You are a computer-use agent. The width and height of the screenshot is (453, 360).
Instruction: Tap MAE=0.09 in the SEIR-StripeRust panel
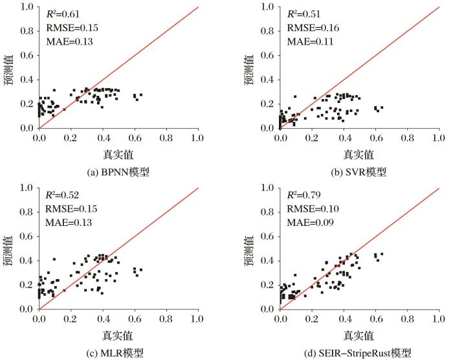point(307,223)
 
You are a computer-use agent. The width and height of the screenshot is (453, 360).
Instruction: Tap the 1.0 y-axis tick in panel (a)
point(27,7)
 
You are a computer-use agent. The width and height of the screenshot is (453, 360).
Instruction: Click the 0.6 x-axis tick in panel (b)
point(376,139)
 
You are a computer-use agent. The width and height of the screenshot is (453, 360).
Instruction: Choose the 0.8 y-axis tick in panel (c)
point(27,212)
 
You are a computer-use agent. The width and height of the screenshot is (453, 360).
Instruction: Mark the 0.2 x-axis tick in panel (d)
point(313,320)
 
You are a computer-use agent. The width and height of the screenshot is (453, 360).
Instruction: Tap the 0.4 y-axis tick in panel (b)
point(269,80)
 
